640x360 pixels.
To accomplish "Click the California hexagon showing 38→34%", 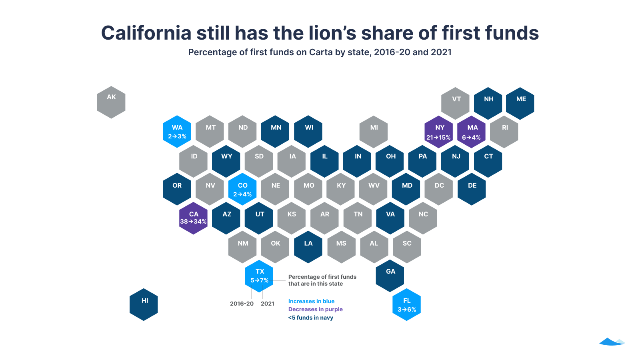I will click(193, 218).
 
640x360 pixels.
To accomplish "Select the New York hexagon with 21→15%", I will click(439, 132).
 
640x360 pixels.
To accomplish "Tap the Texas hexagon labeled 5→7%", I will click(259, 276).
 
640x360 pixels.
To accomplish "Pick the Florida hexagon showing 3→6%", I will click(406, 305).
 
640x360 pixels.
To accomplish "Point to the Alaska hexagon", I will click(111, 102).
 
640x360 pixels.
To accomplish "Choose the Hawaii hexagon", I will click(144, 305).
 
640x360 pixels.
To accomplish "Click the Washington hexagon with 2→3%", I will click(177, 132).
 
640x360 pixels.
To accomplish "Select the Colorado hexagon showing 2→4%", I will click(242, 189).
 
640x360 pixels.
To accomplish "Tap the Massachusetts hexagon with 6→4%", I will click(472, 132).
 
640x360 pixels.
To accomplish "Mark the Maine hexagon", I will click(520, 103).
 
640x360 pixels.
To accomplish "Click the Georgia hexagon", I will click(390, 276).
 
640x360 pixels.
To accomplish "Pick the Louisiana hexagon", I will click(308, 247).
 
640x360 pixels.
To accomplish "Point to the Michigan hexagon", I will click(374, 132).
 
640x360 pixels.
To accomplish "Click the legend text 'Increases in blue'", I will click(311, 301).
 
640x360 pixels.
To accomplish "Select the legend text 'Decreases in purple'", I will click(315, 309).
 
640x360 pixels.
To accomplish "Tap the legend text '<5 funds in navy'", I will click(310, 318).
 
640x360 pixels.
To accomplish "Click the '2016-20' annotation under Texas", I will click(242, 304).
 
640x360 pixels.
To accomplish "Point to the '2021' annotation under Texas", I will click(268, 304).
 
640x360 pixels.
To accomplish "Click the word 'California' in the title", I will click(146, 33).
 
